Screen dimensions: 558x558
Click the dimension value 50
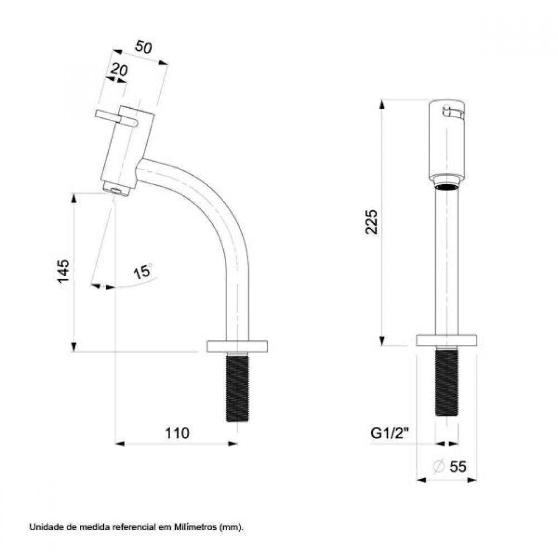click(x=144, y=48)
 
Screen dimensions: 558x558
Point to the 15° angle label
click(x=143, y=272)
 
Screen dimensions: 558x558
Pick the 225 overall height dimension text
click(x=373, y=222)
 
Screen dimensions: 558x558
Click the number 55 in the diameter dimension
click(x=458, y=467)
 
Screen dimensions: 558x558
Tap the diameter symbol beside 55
click(x=439, y=467)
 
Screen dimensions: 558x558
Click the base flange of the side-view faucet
click(x=238, y=346)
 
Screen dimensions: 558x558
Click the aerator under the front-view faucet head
click(x=446, y=186)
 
